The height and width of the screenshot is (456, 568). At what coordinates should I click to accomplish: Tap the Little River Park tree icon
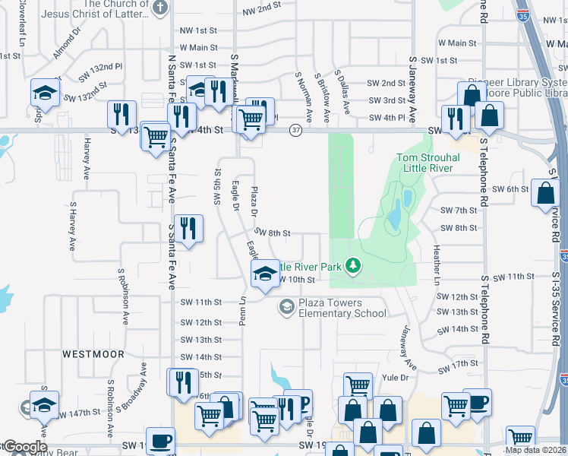(352, 265)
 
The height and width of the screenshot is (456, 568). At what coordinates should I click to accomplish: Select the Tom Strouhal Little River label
(424, 163)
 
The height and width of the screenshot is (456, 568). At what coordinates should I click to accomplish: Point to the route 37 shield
(295, 131)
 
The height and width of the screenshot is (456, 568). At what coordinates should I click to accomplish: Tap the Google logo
(24, 447)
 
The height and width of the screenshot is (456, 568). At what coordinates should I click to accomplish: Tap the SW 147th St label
(80, 412)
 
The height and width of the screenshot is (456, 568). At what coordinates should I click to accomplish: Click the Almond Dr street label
(66, 44)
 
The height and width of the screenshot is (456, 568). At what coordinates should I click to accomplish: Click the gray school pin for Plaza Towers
(286, 306)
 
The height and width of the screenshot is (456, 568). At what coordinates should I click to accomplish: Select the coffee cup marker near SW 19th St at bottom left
(160, 441)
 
